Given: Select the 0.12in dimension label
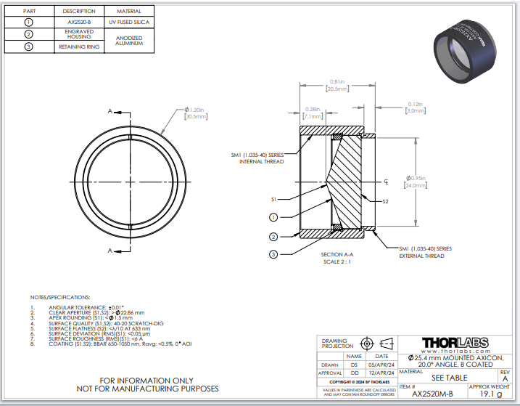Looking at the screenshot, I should pos(415,107).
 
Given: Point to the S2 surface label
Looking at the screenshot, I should pos(386,200).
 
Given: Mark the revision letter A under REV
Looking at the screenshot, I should pos(505,379).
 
